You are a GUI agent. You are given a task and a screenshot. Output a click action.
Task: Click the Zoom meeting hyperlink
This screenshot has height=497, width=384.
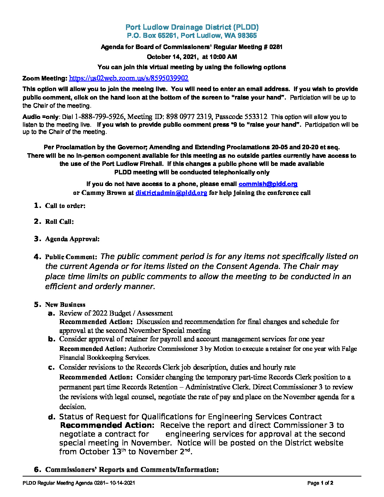point(128,78)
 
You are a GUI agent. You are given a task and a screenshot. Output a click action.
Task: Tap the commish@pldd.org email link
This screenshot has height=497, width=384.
point(268,184)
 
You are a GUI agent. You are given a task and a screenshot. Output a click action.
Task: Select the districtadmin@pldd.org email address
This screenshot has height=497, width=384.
point(171,193)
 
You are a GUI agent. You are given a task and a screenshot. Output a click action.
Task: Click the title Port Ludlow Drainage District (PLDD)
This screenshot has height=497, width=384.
point(192,27)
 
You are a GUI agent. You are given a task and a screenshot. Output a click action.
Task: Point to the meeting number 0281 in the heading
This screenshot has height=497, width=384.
point(276,47)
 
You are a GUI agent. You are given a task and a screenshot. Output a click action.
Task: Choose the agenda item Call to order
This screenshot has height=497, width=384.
point(65,206)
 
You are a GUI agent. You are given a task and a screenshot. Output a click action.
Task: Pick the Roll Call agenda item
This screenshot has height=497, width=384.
point(59,222)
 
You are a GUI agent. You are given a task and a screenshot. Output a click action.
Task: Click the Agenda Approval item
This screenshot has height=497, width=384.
point(72,239)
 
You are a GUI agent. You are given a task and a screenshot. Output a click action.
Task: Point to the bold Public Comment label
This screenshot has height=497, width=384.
point(71,257)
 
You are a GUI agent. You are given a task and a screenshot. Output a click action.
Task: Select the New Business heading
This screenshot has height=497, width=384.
point(65,305)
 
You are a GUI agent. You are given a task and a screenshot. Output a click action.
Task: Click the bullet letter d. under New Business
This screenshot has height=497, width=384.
point(52,417)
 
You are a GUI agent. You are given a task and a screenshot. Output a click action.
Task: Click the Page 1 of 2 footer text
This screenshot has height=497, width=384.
point(320,483)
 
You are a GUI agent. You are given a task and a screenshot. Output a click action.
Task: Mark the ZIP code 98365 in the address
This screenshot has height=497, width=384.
point(247,36)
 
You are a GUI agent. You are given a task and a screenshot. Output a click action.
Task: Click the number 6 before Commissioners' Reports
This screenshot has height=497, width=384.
point(37,469)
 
